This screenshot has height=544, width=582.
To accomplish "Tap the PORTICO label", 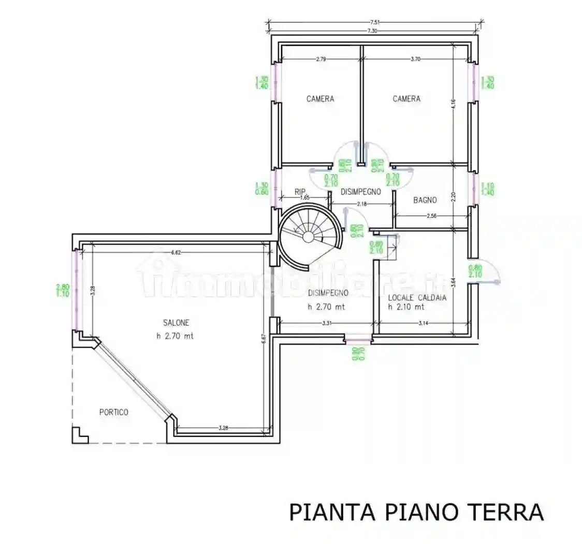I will [113, 412].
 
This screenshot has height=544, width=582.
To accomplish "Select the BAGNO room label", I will [425, 200].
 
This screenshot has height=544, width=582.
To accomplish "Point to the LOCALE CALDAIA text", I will [417, 298].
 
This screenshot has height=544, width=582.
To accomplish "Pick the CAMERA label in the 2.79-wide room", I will [320, 98].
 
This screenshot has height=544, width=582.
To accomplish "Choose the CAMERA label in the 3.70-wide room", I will [406, 98].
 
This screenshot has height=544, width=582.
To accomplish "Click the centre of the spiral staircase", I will [308, 237].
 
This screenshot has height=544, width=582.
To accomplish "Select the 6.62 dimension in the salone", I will [177, 253].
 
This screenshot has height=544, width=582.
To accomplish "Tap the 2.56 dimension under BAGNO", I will [431, 216].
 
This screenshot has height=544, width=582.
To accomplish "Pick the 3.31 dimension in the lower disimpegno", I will [326, 324].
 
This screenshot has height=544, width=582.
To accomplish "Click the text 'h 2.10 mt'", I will [406, 307].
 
